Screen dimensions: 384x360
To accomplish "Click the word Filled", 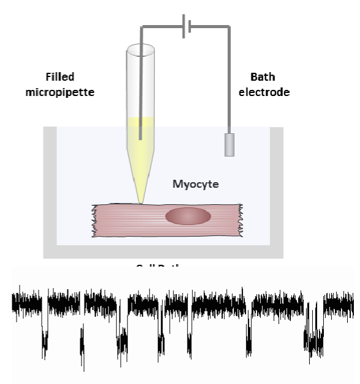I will [61, 78].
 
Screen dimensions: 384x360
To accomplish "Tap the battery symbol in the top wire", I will [187, 27].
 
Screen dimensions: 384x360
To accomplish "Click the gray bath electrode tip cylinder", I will [229, 144].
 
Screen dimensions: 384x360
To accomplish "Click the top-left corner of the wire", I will [143, 26].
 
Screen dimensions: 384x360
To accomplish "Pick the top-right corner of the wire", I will [229, 26].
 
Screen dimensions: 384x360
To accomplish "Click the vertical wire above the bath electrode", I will [229, 79].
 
